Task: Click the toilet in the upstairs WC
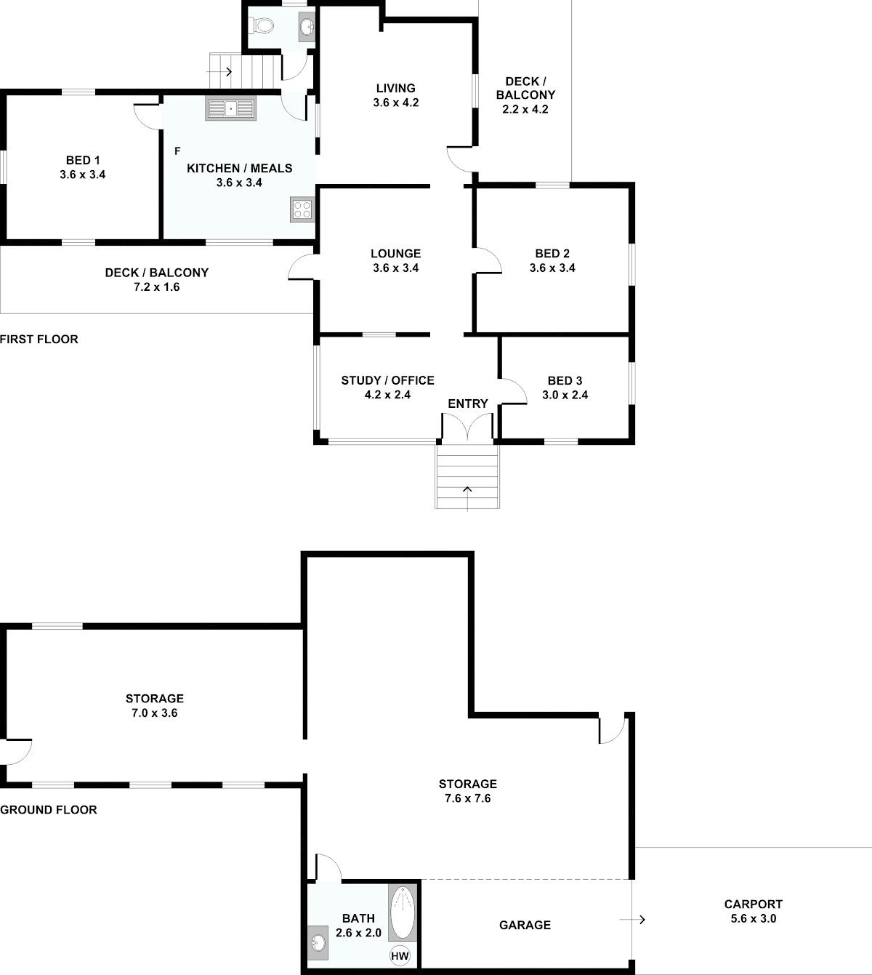pyautogui.click(x=262, y=25)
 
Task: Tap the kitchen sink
pyautogui.click(x=230, y=108)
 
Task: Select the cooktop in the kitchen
pyautogui.click(x=302, y=209)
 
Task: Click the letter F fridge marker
pyautogui.click(x=177, y=151)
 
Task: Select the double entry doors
pyautogui.click(x=467, y=426)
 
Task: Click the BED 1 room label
pyautogui.click(x=83, y=160)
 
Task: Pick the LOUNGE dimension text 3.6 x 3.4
pyautogui.click(x=396, y=268)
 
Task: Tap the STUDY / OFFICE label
pyautogui.click(x=387, y=380)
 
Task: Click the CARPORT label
pyautogui.click(x=754, y=904)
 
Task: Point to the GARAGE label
pyautogui.click(x=525, y=925)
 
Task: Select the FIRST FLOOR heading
pyautogui.click(x=39, y=340)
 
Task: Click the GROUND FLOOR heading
pyautogui.click(x=49, y=810)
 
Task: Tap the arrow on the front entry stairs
pyautogui.click(x=467, y=499)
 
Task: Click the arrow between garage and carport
pyautogui.click(x=632, y=920)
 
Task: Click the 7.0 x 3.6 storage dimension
pyautogui.click(x=154, y=713)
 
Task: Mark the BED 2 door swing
pyautogui.click(x=488, y=260)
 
